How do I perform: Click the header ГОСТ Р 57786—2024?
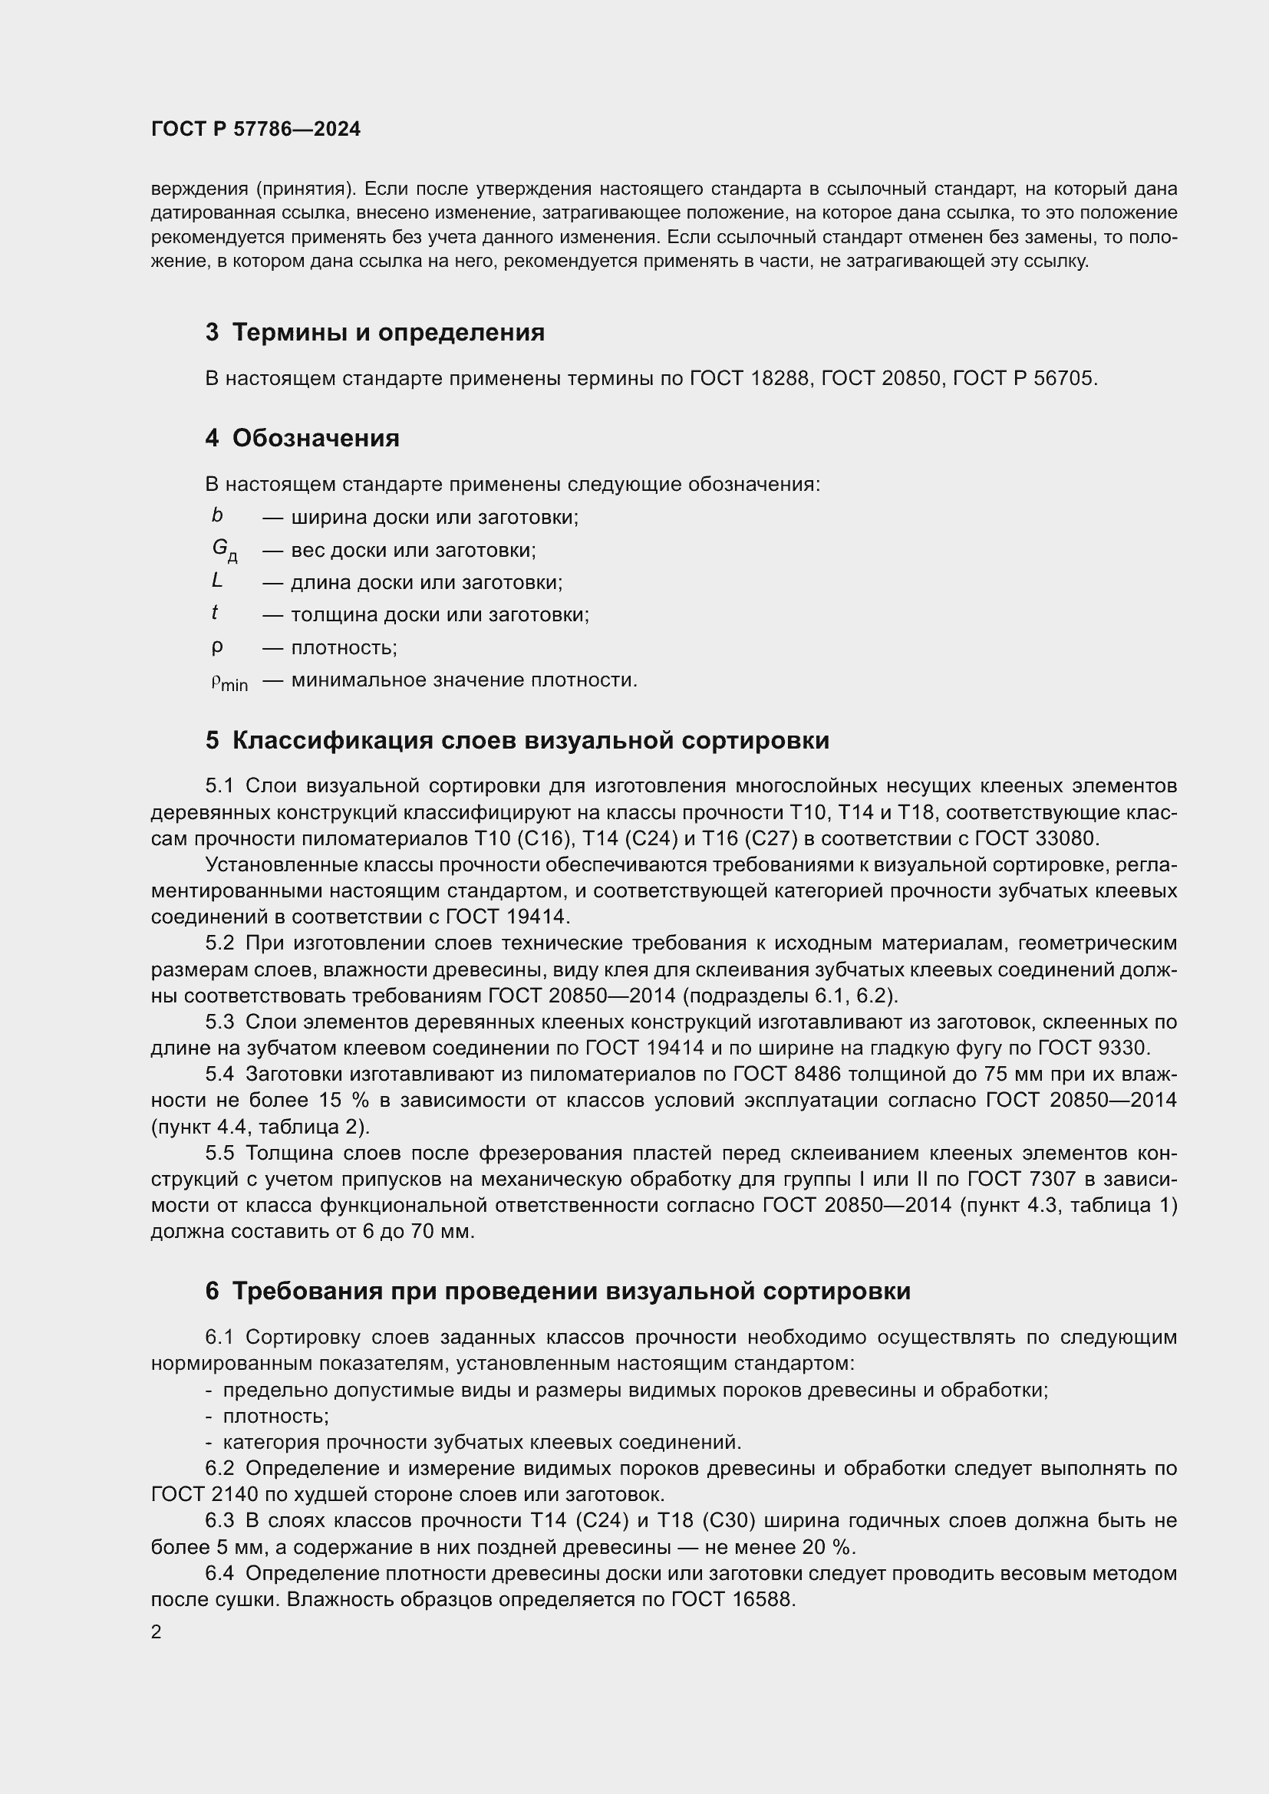(x=255, y=129)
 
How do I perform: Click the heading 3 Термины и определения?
(x=375, y=332)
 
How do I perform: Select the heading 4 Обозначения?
(x=302, y=437)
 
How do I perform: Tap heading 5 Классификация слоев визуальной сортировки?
(x=517, y=740)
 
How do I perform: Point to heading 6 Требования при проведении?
(x=558, y=1291)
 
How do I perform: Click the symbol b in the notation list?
(x=217, y=515)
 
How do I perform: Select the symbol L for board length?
(x=217, y=581)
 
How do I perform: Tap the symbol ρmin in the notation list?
(x=229, y=682)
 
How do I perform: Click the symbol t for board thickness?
(x=215, y=614)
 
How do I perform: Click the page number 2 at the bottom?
(x=157, y=1631)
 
